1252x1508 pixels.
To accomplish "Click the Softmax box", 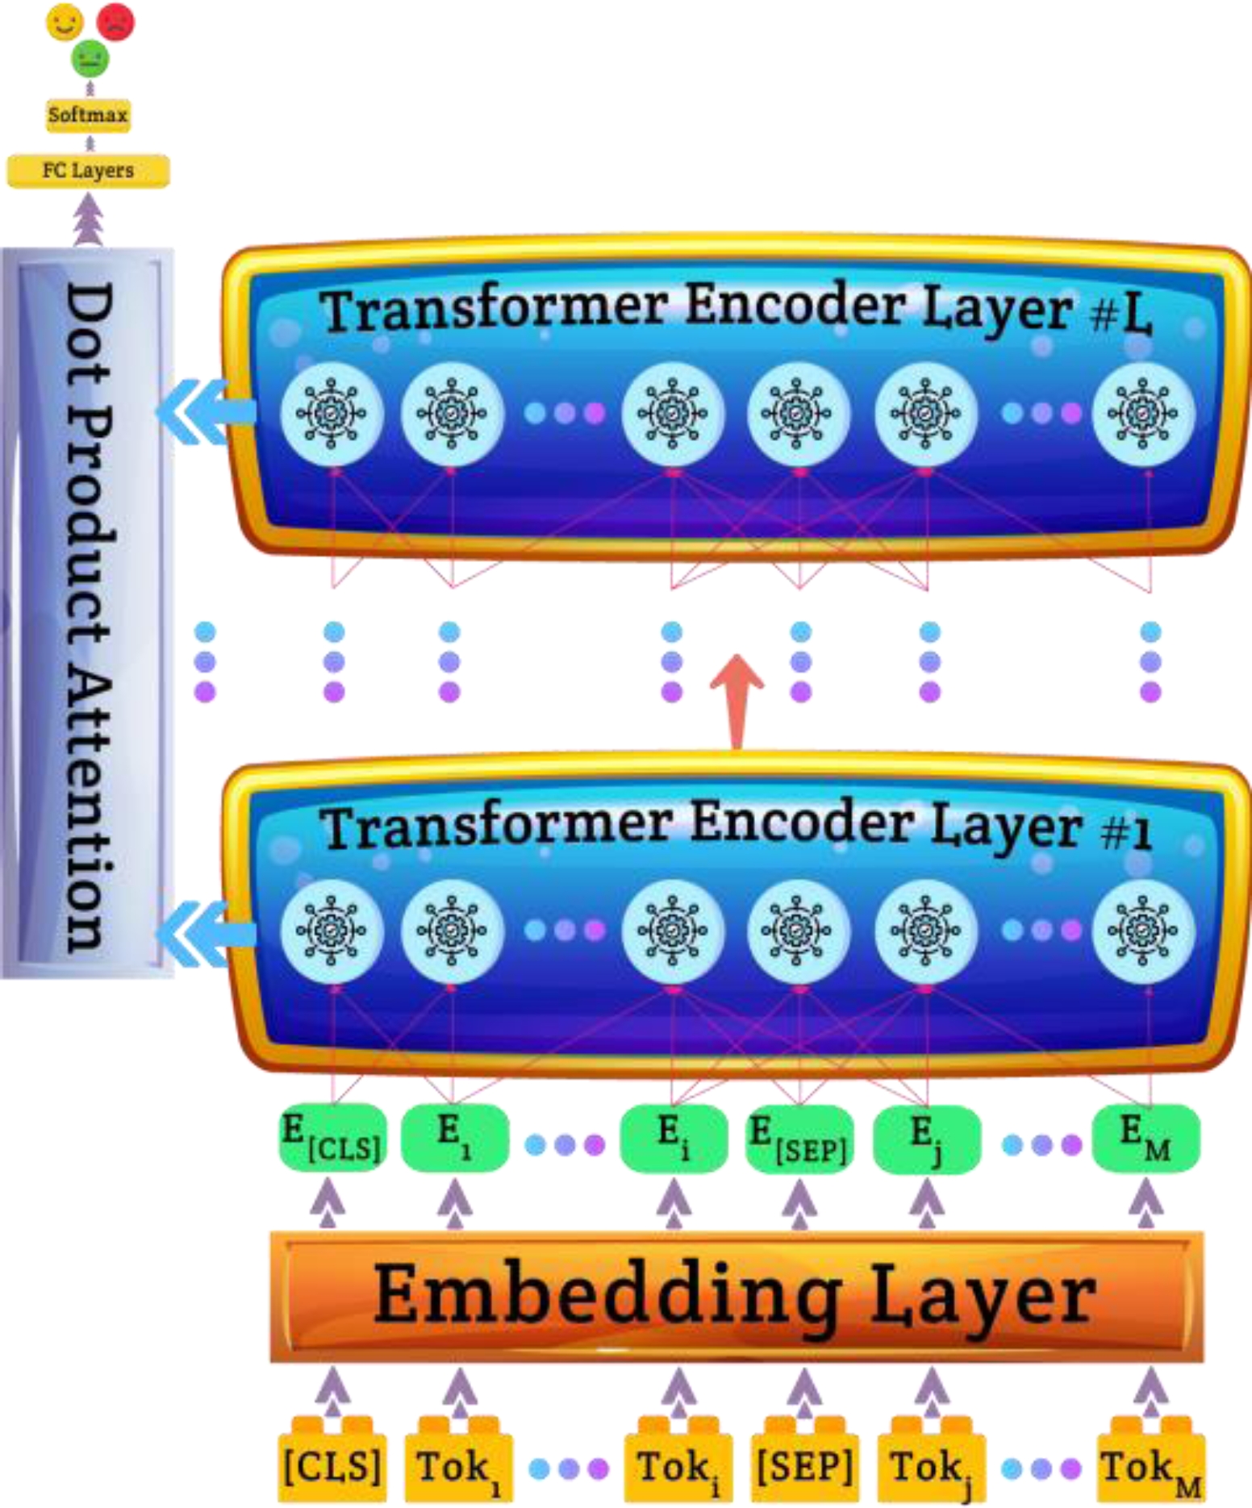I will (88, 115).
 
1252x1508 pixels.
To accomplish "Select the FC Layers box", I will (88, 171).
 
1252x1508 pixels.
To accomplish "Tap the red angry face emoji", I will (115, 22).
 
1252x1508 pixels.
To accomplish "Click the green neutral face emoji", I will (90, 59).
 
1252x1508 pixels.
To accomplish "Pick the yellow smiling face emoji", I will (65, 22).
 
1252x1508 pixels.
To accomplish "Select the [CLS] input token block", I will (332, 1465).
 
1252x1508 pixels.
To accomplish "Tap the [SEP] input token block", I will (803, 1465).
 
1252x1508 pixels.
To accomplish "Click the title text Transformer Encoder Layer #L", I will (736, 310).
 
